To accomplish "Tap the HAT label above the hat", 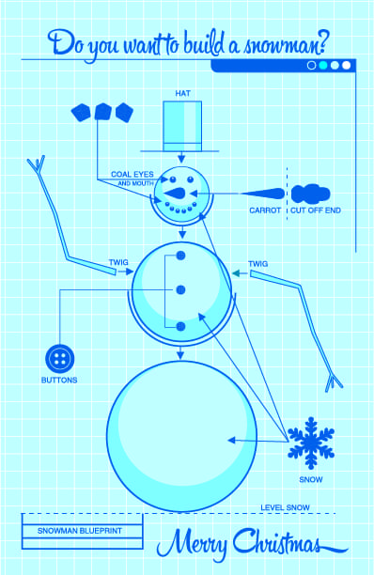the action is [x=182, y=94].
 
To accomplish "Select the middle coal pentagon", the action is [x=102, y=112].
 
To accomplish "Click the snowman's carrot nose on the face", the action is [x=176, y=194].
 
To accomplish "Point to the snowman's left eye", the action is [x=172, y=179].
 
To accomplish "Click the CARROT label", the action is [x=265, y=210].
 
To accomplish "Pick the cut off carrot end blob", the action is [x=310, y=194].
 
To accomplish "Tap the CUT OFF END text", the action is [x=316, y=210].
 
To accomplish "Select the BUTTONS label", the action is [x=59, y=381].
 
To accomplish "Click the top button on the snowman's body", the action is [x=180, y=256].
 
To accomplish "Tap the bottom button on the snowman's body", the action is [x=180, y=326].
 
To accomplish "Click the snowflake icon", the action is [x=311, y=443].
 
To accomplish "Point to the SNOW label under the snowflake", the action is [x=311, y=480].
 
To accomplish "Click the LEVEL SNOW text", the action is [x=285, y=508].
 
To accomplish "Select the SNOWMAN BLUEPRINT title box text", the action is [x=80, y=531].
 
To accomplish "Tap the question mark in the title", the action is [x=321, y=42].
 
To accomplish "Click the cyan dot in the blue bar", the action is [x=323, y=65].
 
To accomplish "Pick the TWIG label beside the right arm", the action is [x=257, y=264].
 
